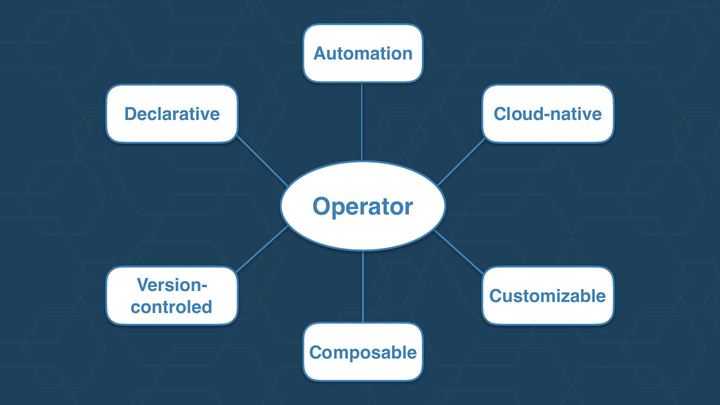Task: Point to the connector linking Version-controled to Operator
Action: tap(262, 248)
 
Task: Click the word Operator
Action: tap(362, 206)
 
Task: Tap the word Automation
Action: tap(362, 53)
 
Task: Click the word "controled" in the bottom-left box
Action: tap(171, 306)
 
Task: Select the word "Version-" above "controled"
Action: tap(171, 285)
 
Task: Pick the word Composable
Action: tap(362, 352)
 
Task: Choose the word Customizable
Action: tap(547, 295)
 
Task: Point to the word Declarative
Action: tap(171, 113)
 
